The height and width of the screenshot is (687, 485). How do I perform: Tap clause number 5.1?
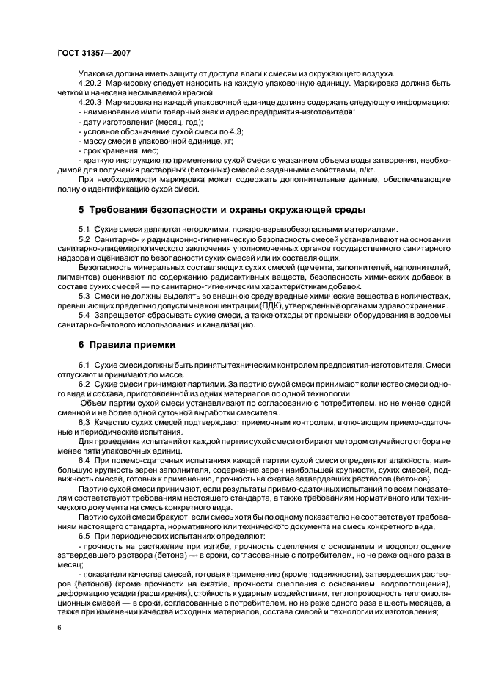84,229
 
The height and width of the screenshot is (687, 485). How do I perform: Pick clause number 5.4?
84,314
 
